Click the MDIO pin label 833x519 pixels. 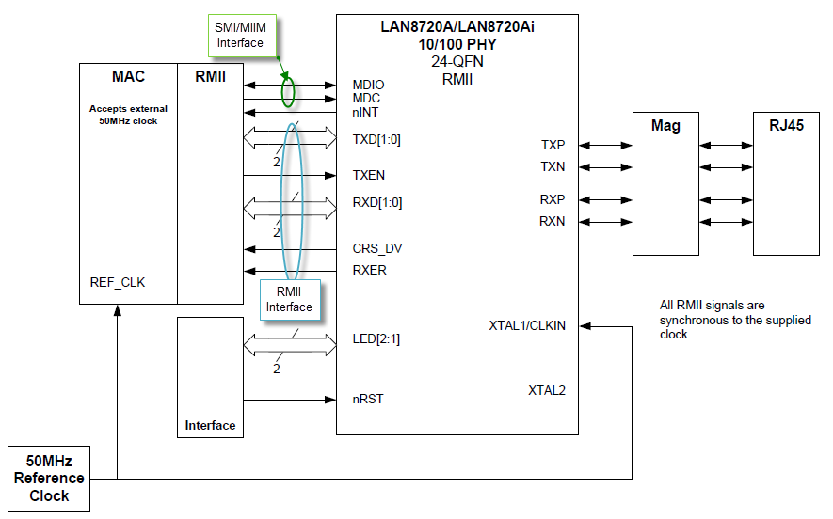tap(368, 85)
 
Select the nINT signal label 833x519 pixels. tap(365, 113)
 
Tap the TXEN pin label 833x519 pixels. tap(368, 175)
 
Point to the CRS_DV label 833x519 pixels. tap(377, 249)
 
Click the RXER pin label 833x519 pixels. tap(369, 270)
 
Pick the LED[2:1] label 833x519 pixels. tap(376, 339)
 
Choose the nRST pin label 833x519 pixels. tap(368, 399)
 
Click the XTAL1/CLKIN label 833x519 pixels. tap(527, 326)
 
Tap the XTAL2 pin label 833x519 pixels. tap(547, 390)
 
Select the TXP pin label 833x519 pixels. tap(553, 145)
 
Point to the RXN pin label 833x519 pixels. tap(552, 221)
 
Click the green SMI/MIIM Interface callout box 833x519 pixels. tap(242, 36)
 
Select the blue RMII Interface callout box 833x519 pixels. tap(290, 300)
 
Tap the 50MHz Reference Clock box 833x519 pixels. tap(49, 479)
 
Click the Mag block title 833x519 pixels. tap(665, 126)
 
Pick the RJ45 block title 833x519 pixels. tap(786, 126)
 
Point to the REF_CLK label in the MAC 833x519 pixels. tap(118, 282)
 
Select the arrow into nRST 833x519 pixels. tap(290, 400)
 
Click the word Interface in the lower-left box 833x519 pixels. tap(210, 426)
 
